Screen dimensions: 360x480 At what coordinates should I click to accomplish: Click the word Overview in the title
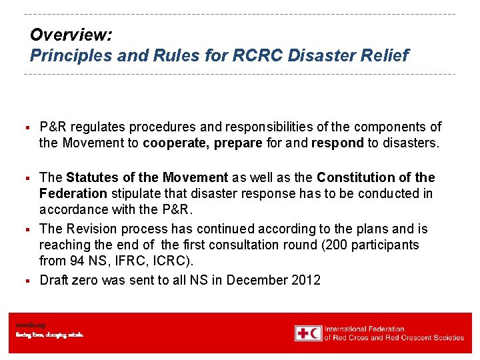point(62,35)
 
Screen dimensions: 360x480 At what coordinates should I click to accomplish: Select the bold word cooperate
point(176,143)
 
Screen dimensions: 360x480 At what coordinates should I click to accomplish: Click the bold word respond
point(337,143)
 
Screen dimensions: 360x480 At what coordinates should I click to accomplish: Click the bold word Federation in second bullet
point(73,193)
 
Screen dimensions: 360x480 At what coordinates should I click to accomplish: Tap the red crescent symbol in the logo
point(314,333)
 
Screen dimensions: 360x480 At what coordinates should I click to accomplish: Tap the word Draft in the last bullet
point(54,280)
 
